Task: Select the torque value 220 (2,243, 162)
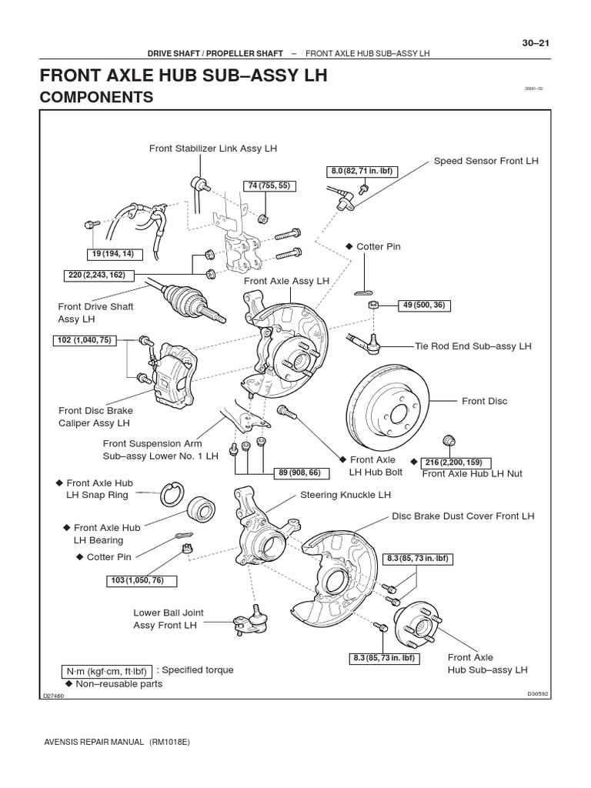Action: (96, 275)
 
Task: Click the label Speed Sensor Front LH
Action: (486, 161)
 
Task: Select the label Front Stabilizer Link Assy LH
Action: (213, 148)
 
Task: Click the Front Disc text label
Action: (485, 401)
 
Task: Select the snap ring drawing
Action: (172, 494)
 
